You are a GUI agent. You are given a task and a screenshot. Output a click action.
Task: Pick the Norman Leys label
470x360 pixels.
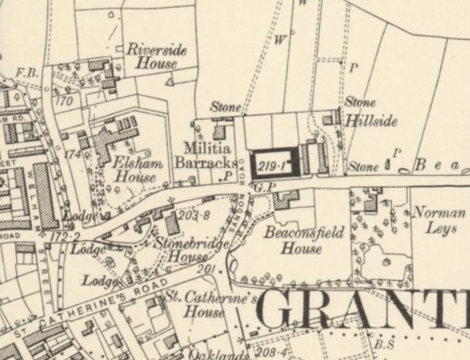tap(436, 221)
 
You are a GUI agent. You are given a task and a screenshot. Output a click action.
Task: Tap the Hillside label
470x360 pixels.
tap(371, 123)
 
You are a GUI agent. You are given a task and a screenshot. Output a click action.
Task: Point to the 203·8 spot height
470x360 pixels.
tap(194, 215)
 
